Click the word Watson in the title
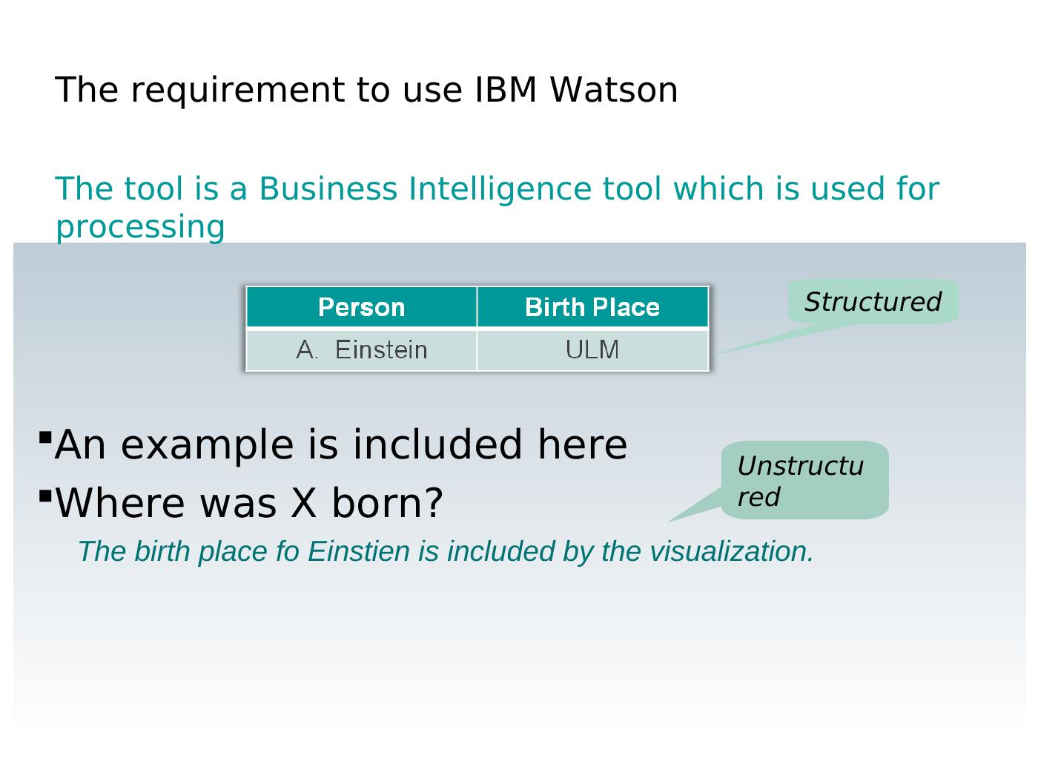pyautogui.click(x=614, y=89)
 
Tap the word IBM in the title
pyautogui.click(x=506, y=89)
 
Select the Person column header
pyautogui.click(x=361, y=307)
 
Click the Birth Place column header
pyautogui.click(x=592, y=307)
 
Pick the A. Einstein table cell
pyautogui.click(x=361, y=350)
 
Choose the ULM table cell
pyautogui.click(x=592, y=350)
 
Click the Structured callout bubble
pyautogui.click(x=873, y=301)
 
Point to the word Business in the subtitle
pyautogui.click(x=328, y=188)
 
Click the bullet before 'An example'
pyautogui.click(x=45, y=437)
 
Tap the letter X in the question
pyautogui.click(x=303, y=502)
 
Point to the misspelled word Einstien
pyautogui.click(x=359, y=551)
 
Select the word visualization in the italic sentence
pyautogui.click(x=732, y=551)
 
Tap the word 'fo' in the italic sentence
pyautogui.click(x=288, y=551)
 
